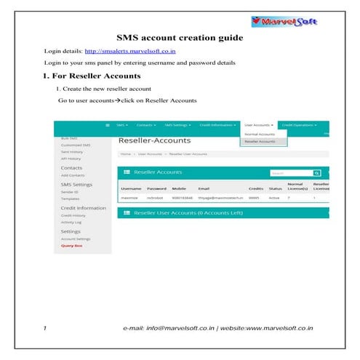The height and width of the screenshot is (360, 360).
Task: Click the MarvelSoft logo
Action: coord(299,21)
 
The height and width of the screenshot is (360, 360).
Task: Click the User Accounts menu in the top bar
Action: coord(259,125)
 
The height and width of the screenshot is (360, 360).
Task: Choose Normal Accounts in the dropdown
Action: coord(260,135)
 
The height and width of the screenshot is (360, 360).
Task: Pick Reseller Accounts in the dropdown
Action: coord(260,141)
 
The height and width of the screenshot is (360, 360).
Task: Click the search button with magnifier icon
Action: coord(316,173)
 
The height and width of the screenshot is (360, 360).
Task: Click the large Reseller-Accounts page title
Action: coord(153,140)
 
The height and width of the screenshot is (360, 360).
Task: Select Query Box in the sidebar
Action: coord(71,247)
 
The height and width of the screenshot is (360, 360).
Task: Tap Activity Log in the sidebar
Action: coord(72,222)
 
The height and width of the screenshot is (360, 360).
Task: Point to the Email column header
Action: coord(203,188)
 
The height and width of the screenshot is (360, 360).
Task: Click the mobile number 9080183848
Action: coord(183,197)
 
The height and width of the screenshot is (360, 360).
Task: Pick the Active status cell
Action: coord(274,197)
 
